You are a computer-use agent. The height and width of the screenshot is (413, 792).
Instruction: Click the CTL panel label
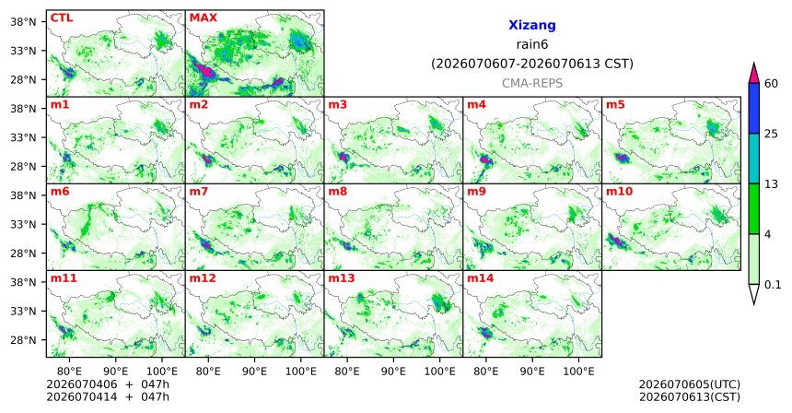(62, 18)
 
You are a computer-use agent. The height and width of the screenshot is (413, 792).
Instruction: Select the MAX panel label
(203, 18)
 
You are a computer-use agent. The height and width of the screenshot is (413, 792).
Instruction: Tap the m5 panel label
(615, 105)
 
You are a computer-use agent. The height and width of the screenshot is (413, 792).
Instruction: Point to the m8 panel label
(337, 192)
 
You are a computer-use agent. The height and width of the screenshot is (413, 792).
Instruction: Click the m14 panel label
(481, 278)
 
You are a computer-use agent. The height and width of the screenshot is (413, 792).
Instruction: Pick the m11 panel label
(64, 278)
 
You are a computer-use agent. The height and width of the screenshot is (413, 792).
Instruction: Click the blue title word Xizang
(532, 25)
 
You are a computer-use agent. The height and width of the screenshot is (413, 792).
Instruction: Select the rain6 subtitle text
(532, 44)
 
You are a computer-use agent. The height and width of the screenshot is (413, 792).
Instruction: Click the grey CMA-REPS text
(532, 83)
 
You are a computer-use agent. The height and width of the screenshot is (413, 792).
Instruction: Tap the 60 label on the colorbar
(771, 84)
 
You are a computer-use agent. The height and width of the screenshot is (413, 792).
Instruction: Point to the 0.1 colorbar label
(773, 285)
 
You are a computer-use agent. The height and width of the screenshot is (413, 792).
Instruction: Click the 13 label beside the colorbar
(771, 184)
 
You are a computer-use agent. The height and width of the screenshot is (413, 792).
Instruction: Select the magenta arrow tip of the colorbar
(754, 64)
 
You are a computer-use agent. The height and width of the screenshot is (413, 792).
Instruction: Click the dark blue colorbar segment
(754, 108)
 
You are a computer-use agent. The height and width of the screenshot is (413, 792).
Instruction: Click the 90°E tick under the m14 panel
(532, 372)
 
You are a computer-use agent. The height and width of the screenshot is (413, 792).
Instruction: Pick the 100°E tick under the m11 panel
(162, 372)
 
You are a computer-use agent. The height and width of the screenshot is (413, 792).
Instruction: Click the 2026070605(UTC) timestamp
(690, 384)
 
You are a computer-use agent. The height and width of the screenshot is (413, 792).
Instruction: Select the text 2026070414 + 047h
(108, 396)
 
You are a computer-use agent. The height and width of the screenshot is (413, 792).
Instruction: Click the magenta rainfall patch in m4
(486, 159)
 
